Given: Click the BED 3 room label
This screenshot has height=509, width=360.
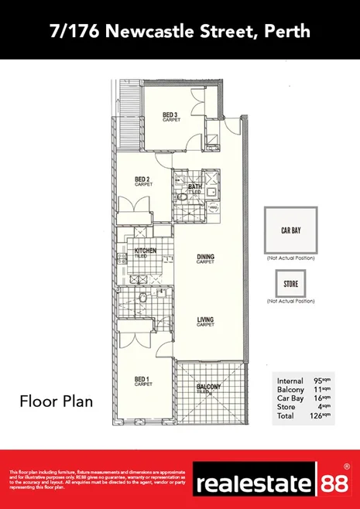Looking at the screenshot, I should pyautogui.click(x=171, y=117).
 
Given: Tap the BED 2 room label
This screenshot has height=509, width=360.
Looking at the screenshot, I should pyautogui.click(x=142, y=181).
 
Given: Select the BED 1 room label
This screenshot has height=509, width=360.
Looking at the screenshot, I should pyautogui.click(x=142, y=380).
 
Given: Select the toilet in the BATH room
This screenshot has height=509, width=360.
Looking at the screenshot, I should pyautogui.click(x=182, y=196).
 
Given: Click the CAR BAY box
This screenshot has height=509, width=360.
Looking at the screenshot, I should pyautogui.click(x=290, y=230).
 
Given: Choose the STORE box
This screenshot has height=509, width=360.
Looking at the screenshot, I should pyautogui.click(x=290, y=284).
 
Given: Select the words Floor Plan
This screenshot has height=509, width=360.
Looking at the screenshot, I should pyautogui.click(x=56, y=401).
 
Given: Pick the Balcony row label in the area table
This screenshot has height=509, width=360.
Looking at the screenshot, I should pyautogui.click(x=290, y=389).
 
